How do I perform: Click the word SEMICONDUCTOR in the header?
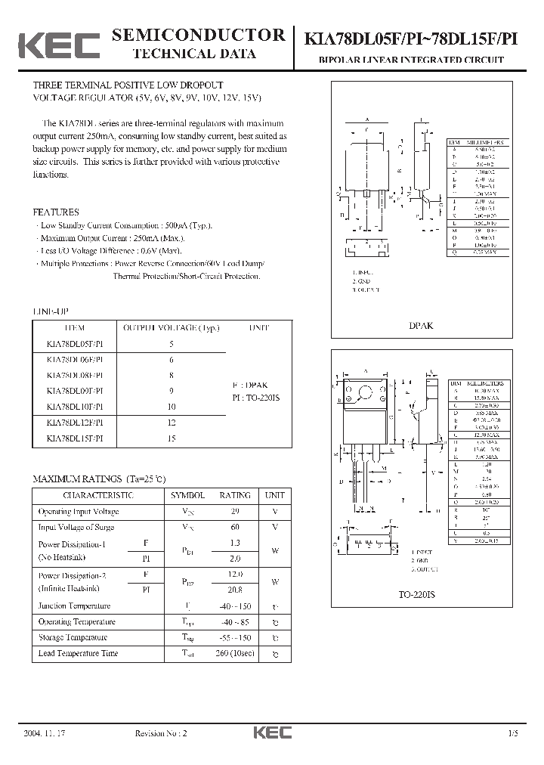pyautogui.click(x=198, y=35)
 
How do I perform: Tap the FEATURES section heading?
pyautogui.click(x=56, y=212)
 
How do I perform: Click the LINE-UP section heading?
pyautogui.click(x=51, y=311)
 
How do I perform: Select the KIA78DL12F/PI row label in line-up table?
pyautogui.click(x=80, y=423)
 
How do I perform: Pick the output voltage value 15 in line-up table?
pyautogui.click(x=172, y=438)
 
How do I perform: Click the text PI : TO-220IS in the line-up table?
pyautogui.click(x=255, y=397)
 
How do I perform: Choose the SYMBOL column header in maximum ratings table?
pyautogui.click(x=187, y=495)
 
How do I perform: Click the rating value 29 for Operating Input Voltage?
pyautogui.click(x=234, y=512)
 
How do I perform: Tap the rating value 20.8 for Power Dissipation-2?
pyautogui.click(x=234, y=589)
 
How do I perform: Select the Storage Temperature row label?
pyautogui.click(x=76, y=637)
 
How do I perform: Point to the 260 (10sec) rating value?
pyautogui.click(x=234, y=653)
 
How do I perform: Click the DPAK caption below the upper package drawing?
pyautogui.click(x=422, y=326)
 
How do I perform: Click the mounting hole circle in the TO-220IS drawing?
pyautogui.click(x=366, y=392)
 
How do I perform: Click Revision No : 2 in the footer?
pyautogui.click(x=160, y=733)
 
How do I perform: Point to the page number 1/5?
pyautogui.click(x=514, y=733)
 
